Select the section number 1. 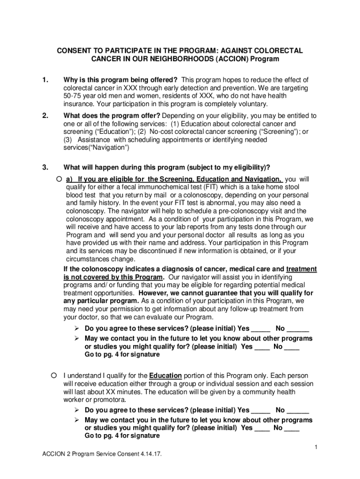(45, 80)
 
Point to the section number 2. (45, 116)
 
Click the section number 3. (45, 167)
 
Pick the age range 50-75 (73, 96)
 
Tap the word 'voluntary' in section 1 (252, 104)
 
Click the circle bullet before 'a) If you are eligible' (58, 179)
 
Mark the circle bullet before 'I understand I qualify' (54, 376)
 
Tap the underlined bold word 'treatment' (301, 269)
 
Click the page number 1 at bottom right (316, 448)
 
